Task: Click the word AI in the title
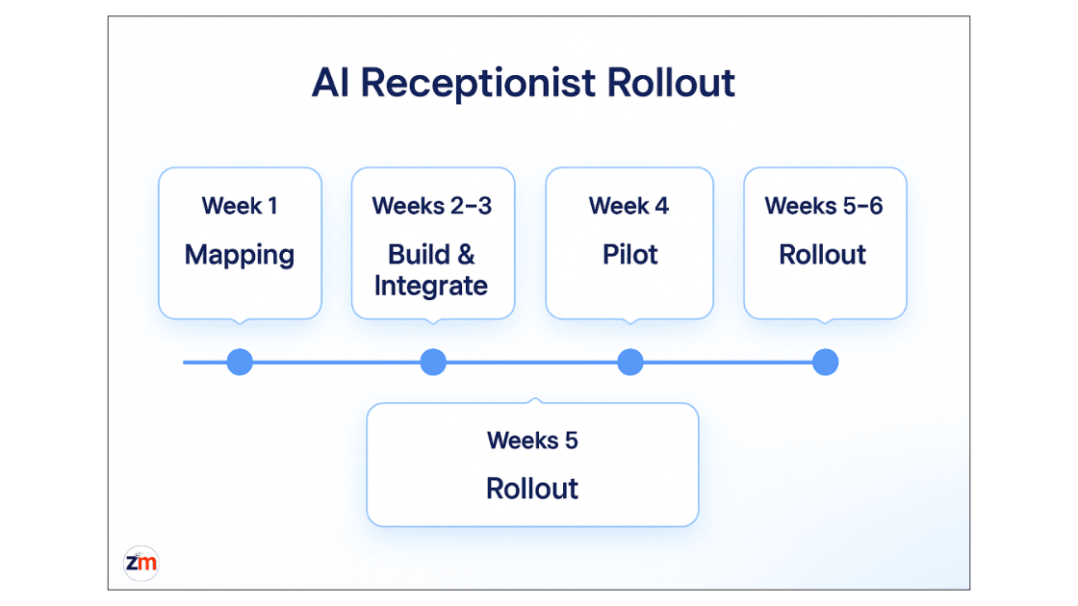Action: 332,83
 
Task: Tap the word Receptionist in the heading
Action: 477,84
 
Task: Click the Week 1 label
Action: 240,206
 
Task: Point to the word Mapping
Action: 240,255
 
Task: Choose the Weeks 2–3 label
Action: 432,206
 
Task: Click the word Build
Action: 419,255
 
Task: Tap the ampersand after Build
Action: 466,255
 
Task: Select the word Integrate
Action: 431,286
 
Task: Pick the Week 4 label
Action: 629,206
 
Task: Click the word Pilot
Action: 629,255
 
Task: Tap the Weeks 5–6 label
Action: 824,206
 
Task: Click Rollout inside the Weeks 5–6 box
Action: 823,255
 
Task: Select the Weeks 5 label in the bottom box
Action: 532,441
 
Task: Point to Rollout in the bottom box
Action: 532,489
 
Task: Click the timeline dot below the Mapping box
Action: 240,363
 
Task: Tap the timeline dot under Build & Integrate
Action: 433,363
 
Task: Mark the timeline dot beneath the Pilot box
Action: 629,363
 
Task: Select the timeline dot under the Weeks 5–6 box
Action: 825,363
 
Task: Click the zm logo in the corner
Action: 141,564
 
